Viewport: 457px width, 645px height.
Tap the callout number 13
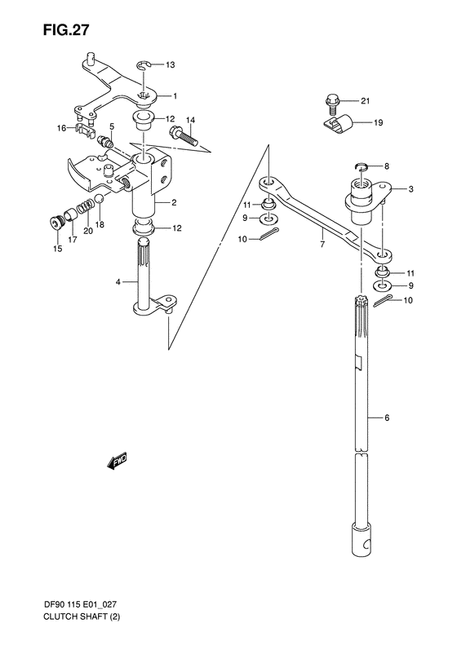pyautogui.click(x=170, y=64)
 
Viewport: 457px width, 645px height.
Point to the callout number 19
pyautogui.click(x=378, y=123)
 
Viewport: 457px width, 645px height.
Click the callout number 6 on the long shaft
pyautogui.click(x=387, y=417)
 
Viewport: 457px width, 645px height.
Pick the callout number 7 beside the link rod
pyautogui.click(x=322, y=242)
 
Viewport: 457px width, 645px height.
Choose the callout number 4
pyautogui.click(x=118, y=282)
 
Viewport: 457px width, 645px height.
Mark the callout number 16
pyautogui.click(x=61, y=128)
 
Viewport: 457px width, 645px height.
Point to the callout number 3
pyautogui.click(x=411, y=189)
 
